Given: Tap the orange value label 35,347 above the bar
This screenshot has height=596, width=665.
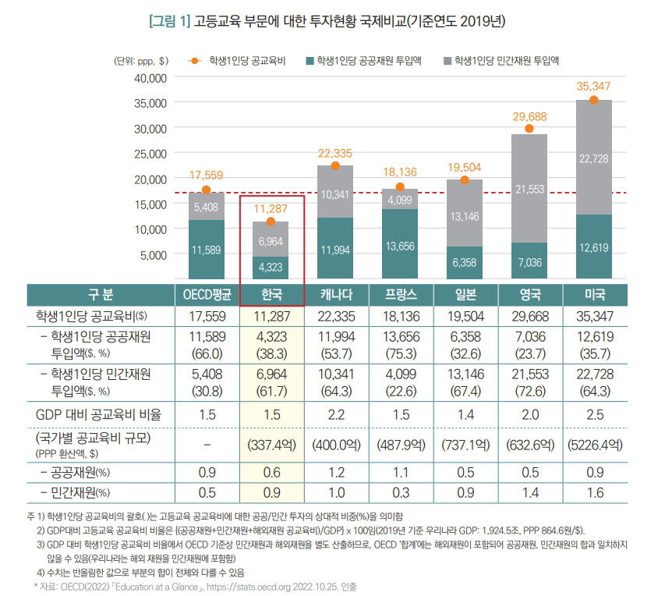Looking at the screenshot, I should (594, 86).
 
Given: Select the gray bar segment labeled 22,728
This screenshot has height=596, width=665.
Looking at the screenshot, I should (594, 158).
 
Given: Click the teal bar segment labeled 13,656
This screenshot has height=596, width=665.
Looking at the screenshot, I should (400, 244).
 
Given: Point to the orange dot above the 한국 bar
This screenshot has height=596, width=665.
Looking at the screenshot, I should (271, 222).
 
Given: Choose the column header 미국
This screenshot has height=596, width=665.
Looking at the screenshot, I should (594, 295).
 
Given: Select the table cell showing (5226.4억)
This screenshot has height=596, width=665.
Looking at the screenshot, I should (594, 444).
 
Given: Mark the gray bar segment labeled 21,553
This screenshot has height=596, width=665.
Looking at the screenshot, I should (529, 189).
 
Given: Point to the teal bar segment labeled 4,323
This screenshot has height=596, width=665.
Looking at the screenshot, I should (271, 268).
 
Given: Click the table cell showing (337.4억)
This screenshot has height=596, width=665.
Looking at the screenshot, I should (271, 444).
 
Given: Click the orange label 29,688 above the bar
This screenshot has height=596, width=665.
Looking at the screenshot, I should (529, 116).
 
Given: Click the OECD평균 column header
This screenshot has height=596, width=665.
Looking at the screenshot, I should (207, 295).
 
